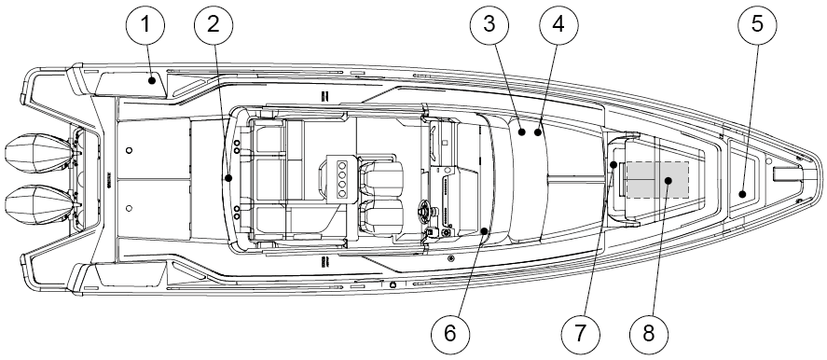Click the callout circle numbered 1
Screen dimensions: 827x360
click(145, 25)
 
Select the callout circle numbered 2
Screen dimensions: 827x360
click(214, 25)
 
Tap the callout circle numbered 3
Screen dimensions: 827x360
click(490, 25)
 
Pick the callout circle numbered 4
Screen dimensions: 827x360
click(558, 25)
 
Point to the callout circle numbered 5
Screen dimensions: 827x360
click(757, 25)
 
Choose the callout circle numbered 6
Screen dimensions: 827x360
click(450, 334)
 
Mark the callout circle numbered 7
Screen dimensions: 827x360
click(580, 334)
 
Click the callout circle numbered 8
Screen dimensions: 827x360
click(649, 334)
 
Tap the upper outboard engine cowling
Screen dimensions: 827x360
click(39, 153)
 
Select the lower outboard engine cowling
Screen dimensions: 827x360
click(39, 205)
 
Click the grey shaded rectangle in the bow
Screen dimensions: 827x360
click(657, 180)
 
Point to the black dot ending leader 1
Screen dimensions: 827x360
click(152, 81)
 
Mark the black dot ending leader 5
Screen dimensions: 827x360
click(742, 194)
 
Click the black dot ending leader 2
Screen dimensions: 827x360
click(228, 178)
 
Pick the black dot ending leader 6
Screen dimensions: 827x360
click(485, 230)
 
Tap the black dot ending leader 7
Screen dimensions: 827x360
click(613, 165)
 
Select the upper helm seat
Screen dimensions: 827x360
click(381, 177)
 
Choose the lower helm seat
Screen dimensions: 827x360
click(381, 216)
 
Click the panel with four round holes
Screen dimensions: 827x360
click(342, 178)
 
